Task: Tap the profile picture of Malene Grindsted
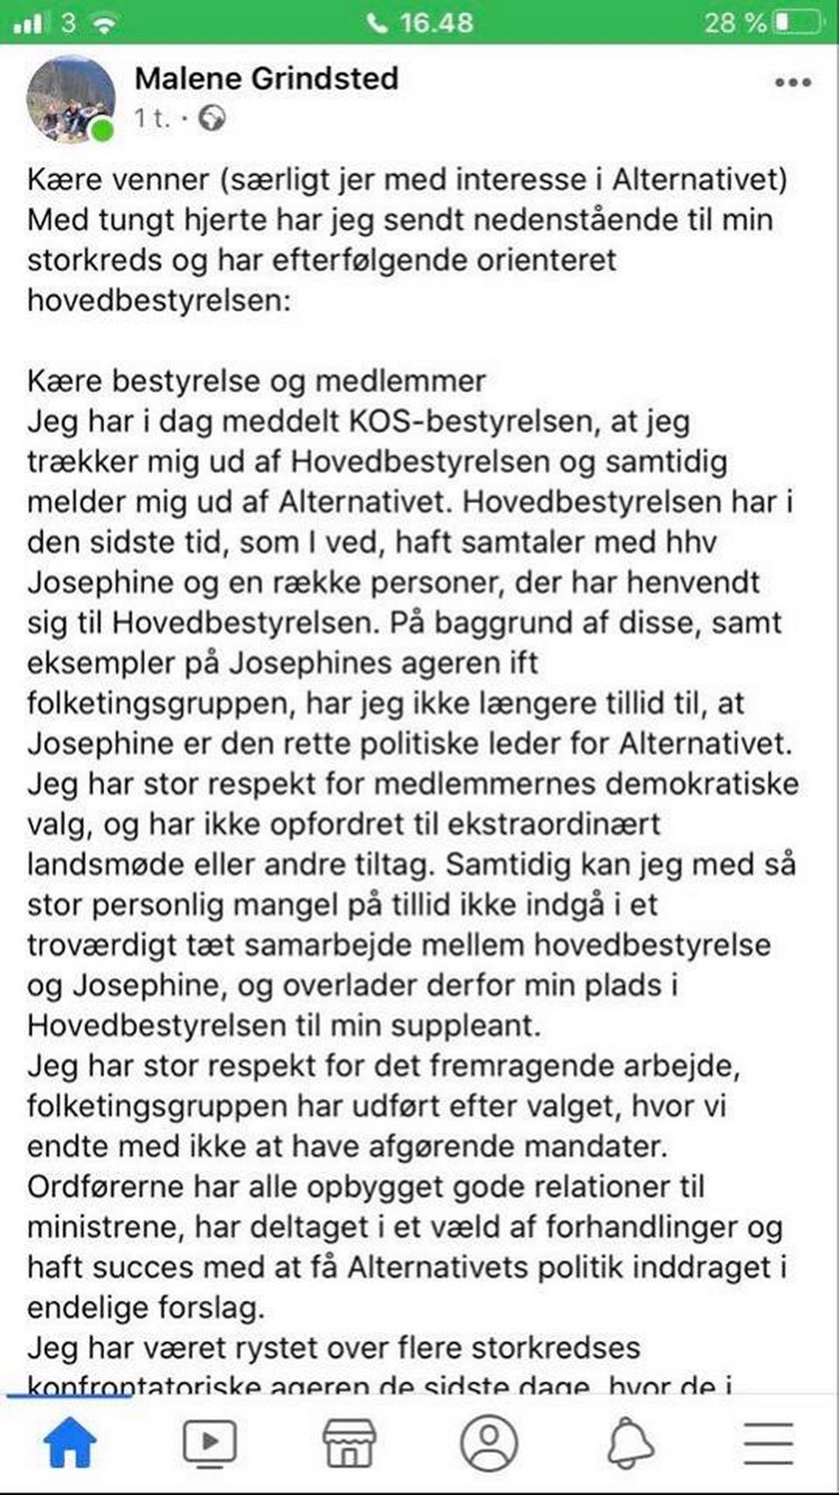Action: [x=71, y=99]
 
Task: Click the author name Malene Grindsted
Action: [x=267, y=79]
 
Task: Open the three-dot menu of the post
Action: [x=793, y=82]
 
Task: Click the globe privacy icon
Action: [x=211, y=118]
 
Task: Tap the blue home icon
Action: [x=70, y=1443]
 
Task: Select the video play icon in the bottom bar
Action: [x=209, y=1443]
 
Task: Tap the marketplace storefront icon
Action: [x=349, y=1443]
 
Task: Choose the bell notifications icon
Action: [x=629, y=1443]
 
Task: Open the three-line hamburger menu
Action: [x=768, y=1443]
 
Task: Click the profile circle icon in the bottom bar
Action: [x=489, y=1443]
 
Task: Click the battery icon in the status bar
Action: [x=796, y=22]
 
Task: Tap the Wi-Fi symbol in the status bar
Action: [x=104, y=22]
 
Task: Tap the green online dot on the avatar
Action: [x=103, y=131]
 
